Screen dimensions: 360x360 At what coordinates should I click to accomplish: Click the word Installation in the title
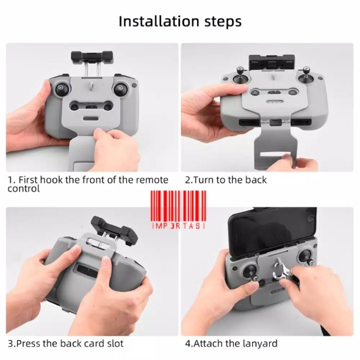[x=159, y=21]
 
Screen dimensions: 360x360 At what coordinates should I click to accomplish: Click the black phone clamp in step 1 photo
[x=92, y=57]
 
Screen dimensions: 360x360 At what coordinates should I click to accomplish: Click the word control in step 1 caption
[x=24, y=189]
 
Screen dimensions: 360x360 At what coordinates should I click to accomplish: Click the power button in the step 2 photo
[x=292, y=93]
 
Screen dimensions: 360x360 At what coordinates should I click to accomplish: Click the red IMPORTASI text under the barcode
[x=178, y=226]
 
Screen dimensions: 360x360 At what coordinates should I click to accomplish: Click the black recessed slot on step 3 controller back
[x=87, y=271]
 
